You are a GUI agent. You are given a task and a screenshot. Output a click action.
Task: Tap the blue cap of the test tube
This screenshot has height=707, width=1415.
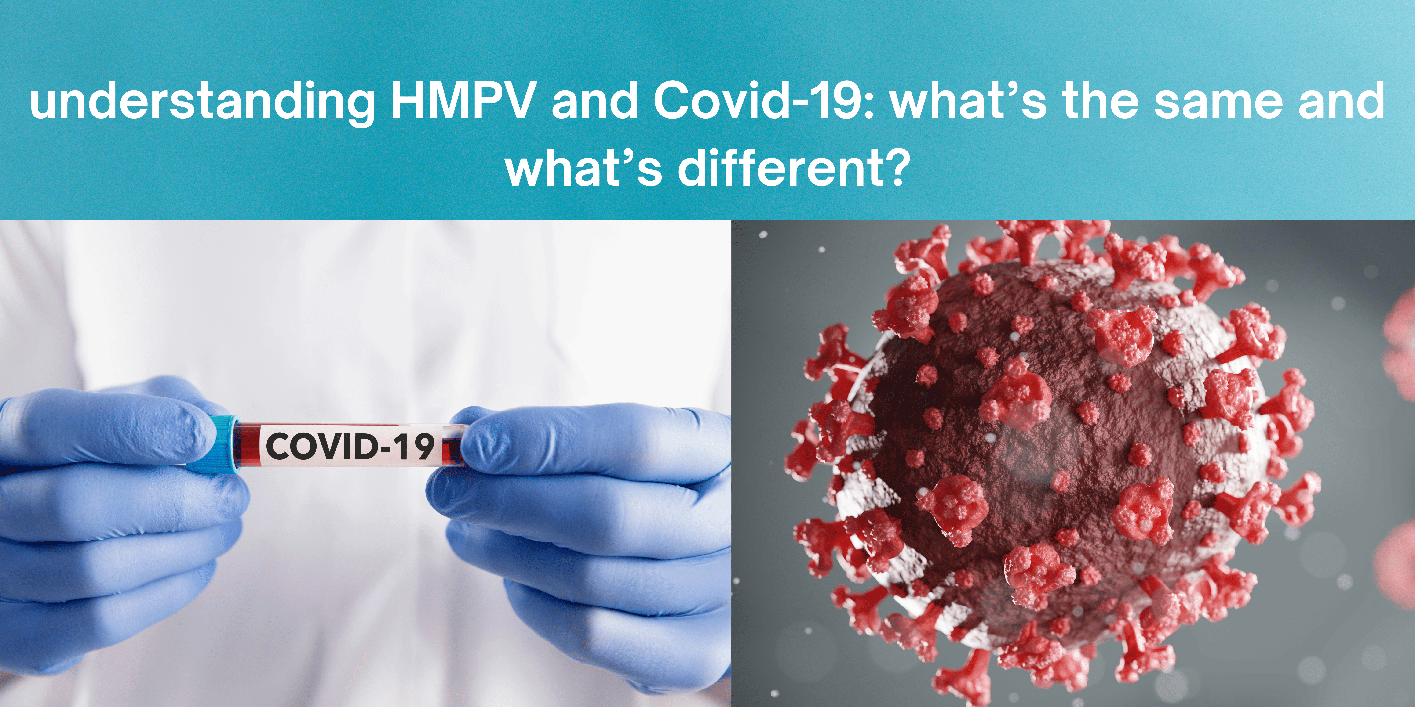pyautogui.click(x=217, y=444)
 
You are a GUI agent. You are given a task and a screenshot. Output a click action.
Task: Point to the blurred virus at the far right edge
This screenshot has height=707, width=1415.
pyautogui.click(x=1401, y=439)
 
